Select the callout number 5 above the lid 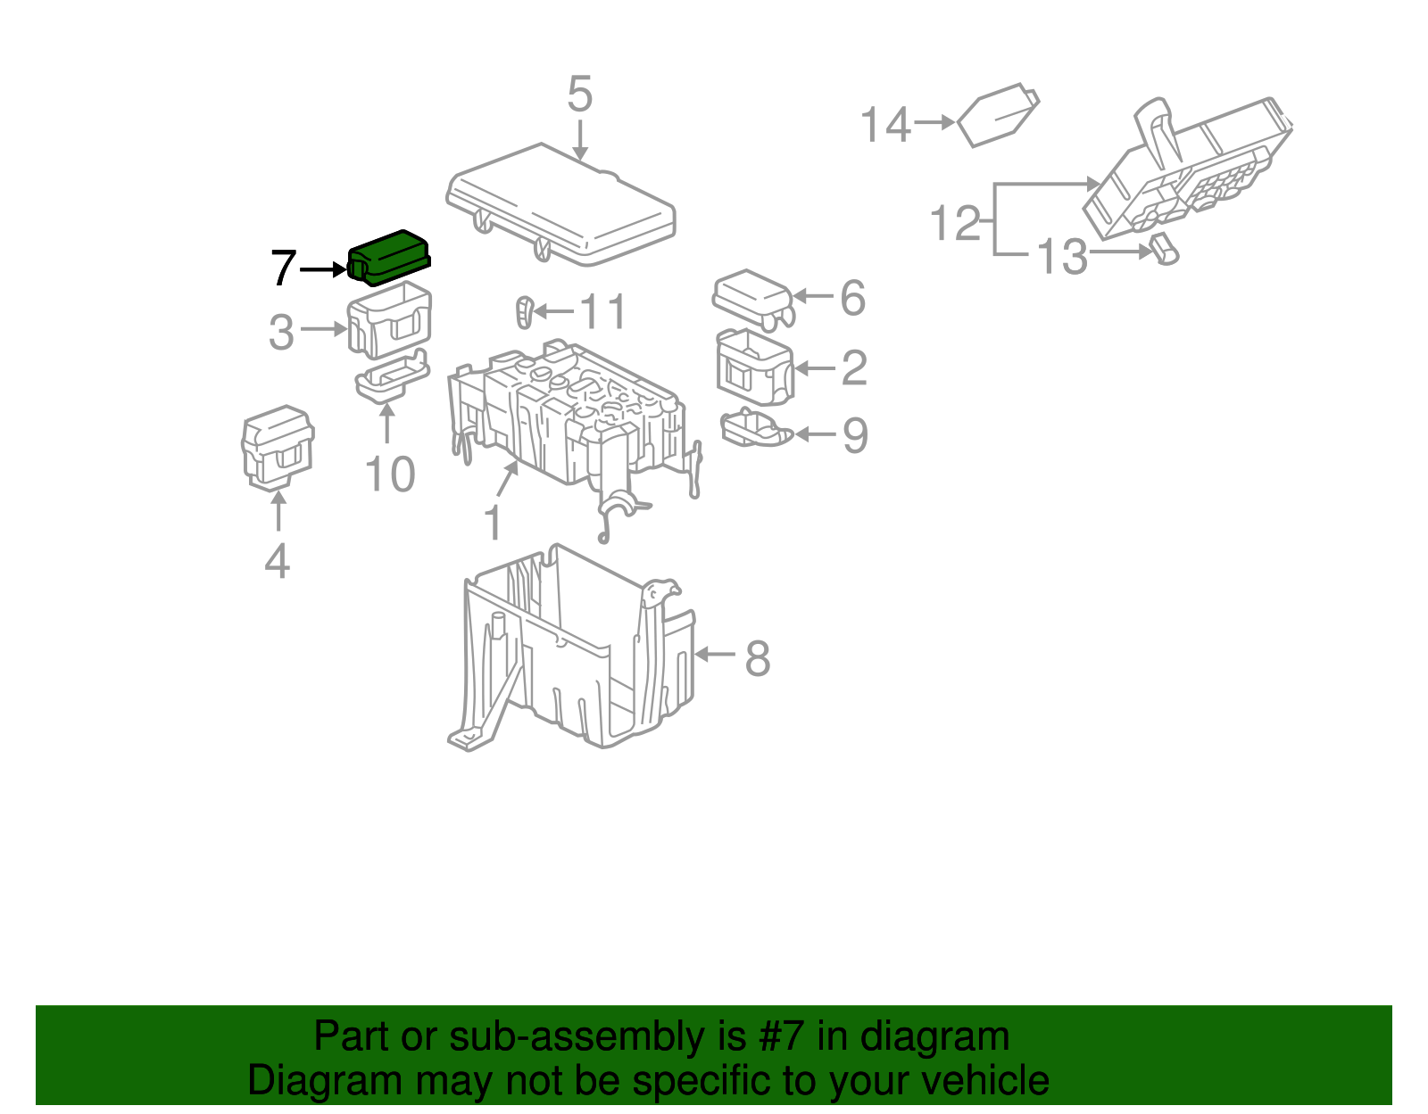click(x=579, y=95)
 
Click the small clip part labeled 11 click(x=525, y=312)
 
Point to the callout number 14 click(x=885, y=125)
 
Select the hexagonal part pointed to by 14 click(x=998, y=115)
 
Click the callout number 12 click(x=955, y=223)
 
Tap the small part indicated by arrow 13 click(x=1164, y=250)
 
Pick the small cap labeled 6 click(x=752, y=297)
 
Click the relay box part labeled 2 click(x=754, y=367)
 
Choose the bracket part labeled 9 click(x=755, y=429)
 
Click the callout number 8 click(x=757, y=660)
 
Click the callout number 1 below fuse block click(x=493, y=524)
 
